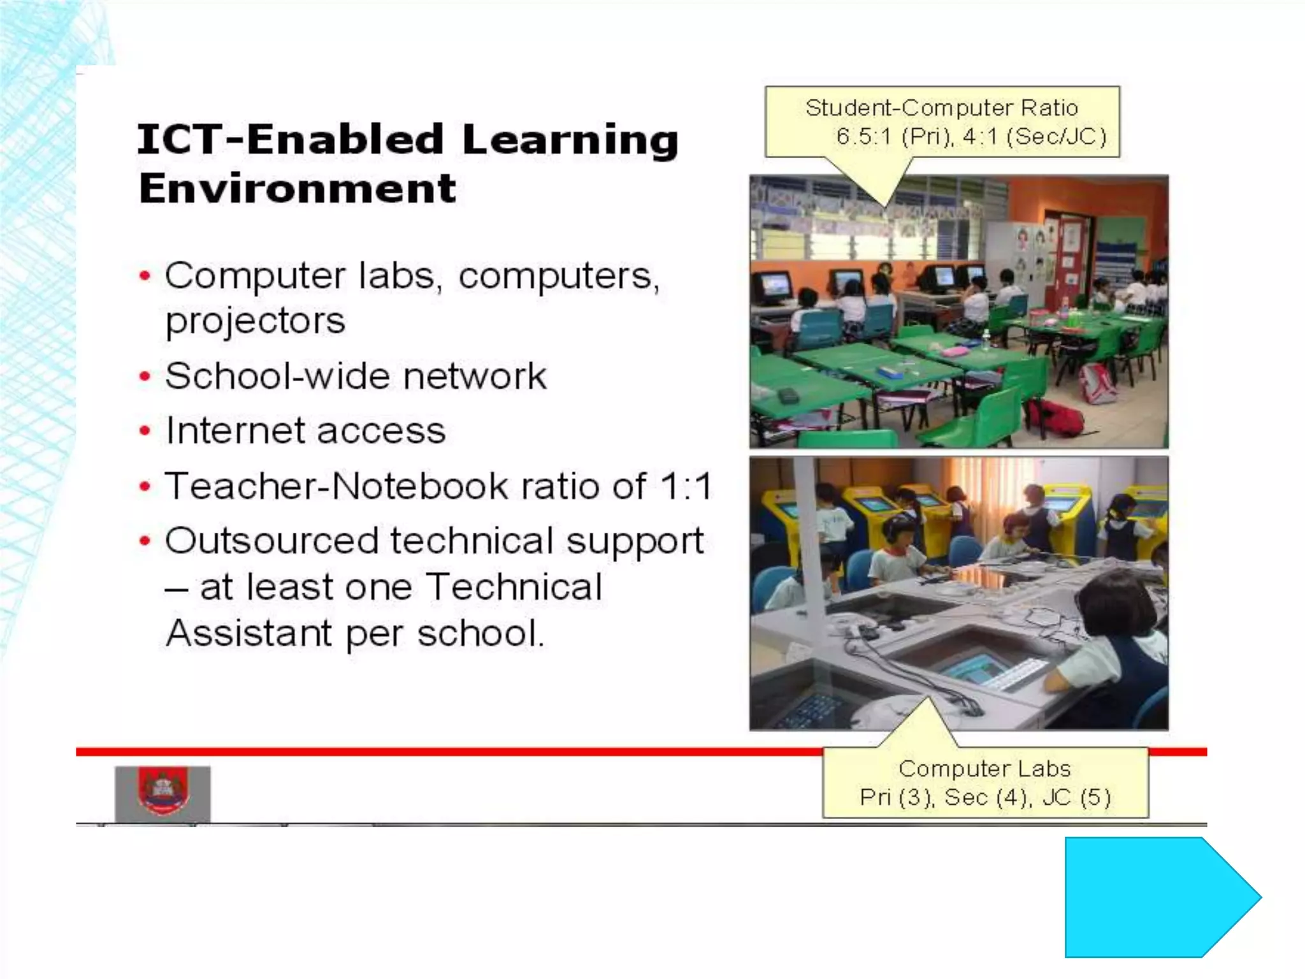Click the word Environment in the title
pyautogui.click(x=298, y=189)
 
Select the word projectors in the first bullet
pyautogui.click(x=255, y=321)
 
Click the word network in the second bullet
pyautogui.click(x=475, y=376)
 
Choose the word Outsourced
pyautogui.click(x=272, y=541)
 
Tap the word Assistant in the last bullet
pyautogui.click(x=249, y=633)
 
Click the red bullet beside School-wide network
pyautogui.click(x=145, y=377)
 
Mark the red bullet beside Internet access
pyautogui.click(x=145, y=431)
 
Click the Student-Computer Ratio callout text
pyautogui.click(x=941, y=108)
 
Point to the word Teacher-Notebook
pyautogui.click(x=336, y=486)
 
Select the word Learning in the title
pyautogui.click(x=570, y=140)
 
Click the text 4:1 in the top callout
pyautogui.click(x=980, y=136)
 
